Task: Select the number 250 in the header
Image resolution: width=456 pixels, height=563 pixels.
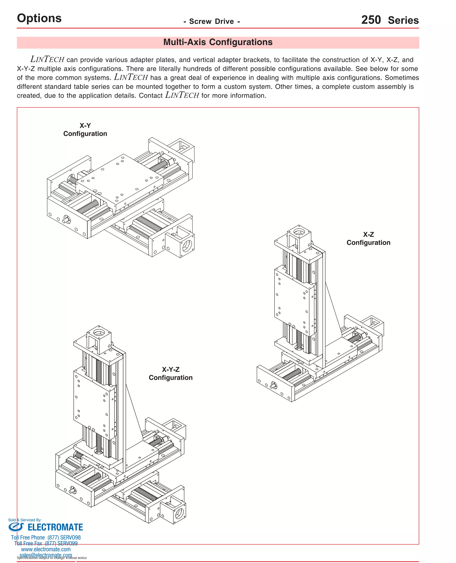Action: tap(371, 20)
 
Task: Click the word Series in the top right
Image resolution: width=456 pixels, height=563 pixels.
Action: tap(403, 20)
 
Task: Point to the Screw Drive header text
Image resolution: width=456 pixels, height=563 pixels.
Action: tap(212, 21)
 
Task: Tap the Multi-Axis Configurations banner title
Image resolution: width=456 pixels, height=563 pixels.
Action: tap(218, 42)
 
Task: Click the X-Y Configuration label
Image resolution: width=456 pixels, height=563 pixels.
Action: tap(85, 130)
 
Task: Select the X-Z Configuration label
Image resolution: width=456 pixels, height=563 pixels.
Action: tap(368, 238)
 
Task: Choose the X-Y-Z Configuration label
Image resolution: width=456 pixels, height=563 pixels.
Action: tap(171, 373)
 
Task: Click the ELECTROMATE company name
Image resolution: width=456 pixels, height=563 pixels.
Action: tap(55, 527)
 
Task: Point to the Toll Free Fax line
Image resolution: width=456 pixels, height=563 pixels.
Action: tap(46, 543)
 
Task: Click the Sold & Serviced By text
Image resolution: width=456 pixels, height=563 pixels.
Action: tap(25, 520)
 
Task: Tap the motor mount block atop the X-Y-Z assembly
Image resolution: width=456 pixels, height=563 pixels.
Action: tap(99, 338)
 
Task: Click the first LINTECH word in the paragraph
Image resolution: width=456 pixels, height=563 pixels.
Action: tap(47, 59)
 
